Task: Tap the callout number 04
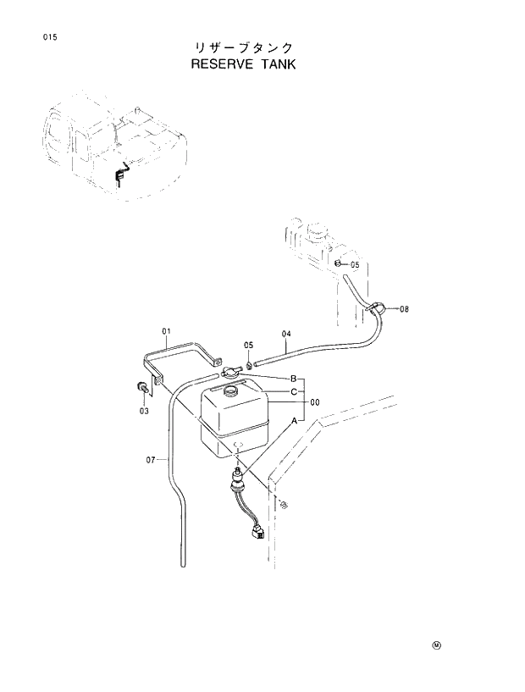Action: point(286,333)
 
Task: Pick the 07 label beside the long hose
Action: point(151,460)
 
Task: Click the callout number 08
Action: point(404,309)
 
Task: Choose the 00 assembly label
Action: point(314,402)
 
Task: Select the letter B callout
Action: point(293,378)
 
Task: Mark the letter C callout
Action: point(293,391)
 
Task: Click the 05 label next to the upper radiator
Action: point(354,265)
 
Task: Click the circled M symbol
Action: point(437,645)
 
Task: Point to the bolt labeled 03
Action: point(141,388)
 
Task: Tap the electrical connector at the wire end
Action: point(257,534)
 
